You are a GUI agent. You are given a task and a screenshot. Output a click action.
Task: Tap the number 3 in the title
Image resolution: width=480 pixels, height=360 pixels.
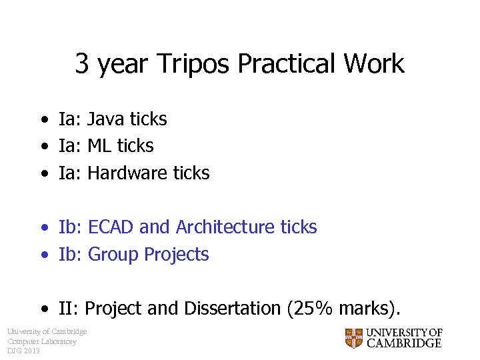(82, 64)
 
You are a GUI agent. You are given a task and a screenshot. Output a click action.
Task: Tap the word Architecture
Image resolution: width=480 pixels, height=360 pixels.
(226, 227)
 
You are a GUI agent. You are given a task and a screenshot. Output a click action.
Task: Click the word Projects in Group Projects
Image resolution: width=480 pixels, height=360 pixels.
(177, 255)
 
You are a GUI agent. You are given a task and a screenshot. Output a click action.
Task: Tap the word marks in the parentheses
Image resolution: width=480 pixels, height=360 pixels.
(363, 309)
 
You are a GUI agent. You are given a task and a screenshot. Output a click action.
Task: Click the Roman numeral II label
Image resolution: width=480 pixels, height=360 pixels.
(69, 309)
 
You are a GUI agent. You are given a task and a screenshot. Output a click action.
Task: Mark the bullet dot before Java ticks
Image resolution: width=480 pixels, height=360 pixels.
(43, 121)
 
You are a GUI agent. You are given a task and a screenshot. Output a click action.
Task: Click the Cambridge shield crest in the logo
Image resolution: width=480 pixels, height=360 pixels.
(354, 338)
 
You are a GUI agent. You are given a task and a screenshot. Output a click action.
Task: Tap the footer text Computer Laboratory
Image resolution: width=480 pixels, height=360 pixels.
(42, 341)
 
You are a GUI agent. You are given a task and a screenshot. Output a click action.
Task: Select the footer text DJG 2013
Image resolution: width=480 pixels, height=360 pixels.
(23, 351)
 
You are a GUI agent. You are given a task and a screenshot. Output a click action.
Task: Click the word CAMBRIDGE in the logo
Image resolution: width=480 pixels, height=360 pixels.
(404, 343)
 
